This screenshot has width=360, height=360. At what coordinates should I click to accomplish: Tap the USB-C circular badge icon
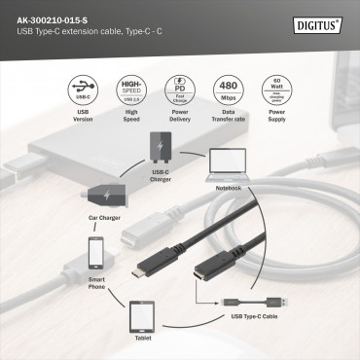[x=84, y=90]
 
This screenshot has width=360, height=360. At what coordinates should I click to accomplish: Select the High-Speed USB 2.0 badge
[x=131, y=90]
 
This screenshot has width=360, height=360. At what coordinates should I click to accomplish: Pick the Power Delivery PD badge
[x=180, y=90]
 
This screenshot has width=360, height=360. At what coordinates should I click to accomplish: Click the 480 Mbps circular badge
[x=231, y=90]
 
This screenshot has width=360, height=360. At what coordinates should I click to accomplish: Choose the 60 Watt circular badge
[x=278, y=90]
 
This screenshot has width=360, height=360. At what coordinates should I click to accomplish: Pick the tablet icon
[x=142, y=317]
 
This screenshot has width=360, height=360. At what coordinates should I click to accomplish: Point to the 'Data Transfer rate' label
[x=231, y=126]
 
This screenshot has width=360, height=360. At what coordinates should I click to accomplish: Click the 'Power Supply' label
[x=278, y=126]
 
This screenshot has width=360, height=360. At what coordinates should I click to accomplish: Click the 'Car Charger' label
[x=103, y=218]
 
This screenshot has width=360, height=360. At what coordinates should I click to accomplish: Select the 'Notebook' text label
[x=229, y=186]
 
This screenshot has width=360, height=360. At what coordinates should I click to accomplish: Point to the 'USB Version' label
[x=84, y=126]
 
